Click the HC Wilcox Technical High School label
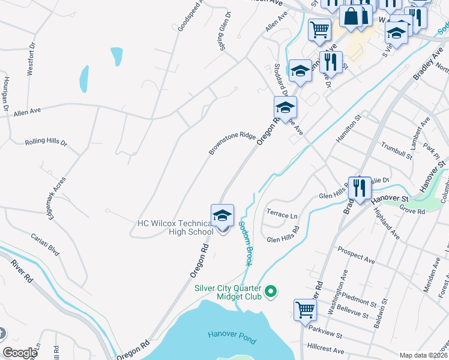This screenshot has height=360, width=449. [x=175, y=227]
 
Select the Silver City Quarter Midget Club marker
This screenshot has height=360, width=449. [x=271, y=292]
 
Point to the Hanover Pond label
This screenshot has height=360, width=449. [x=232, y=337]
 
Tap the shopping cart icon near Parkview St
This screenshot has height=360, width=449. [x=305, y=310]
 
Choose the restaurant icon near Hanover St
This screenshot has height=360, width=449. [x=360, y=187]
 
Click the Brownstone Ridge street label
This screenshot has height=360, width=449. [x=232, y=143]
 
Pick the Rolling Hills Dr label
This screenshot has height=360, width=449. [x=46, y=143]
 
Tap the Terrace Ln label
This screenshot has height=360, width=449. [x=282, y=215]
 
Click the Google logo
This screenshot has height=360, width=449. [x=20, y=353]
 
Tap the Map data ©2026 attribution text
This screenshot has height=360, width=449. [x=423, y=355]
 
